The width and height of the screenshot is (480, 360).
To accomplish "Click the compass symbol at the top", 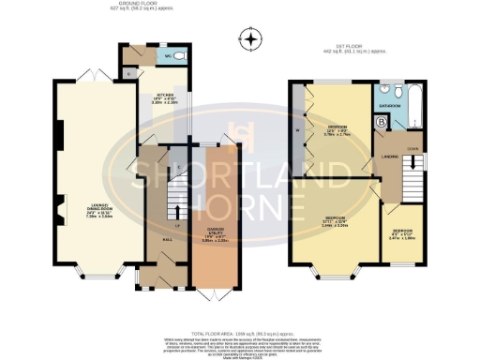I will (248, 39).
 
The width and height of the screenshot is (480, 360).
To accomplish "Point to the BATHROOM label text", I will (390, 107).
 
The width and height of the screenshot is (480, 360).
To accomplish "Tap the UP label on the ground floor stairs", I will (151, 225).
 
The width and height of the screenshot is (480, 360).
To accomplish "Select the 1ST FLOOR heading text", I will (346, 45).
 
